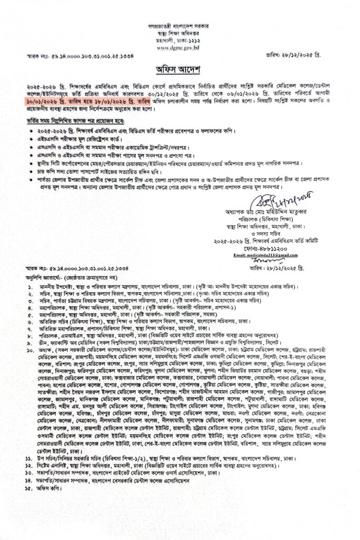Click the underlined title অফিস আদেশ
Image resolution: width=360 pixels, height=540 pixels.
click(180, 70)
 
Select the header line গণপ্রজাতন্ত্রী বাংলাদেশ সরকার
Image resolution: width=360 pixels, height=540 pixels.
click(179, 25)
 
